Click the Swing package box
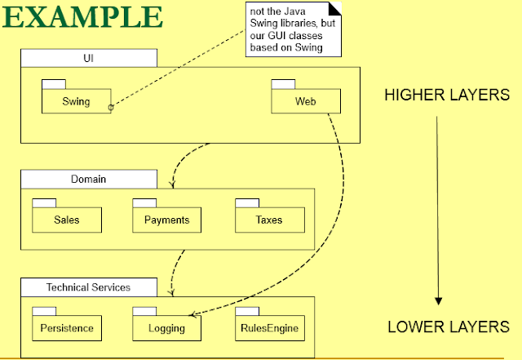coord(76,102)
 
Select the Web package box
coord(306,102)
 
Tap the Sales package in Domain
coord(66,220)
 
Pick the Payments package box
coord(166,220)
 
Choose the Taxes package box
coord(268,220)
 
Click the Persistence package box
coord(66,329)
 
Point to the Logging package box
coord(166,329)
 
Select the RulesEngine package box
coord(268,329)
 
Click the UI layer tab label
coord(88,58)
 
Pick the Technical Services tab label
coord(88,287)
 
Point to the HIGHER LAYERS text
coord(446,96)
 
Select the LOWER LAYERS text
coord(448,327)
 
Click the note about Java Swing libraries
coord(285,29)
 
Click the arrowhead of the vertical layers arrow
coord(438,301)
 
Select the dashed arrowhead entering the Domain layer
coord(171,185)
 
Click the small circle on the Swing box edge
coord(110,107)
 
